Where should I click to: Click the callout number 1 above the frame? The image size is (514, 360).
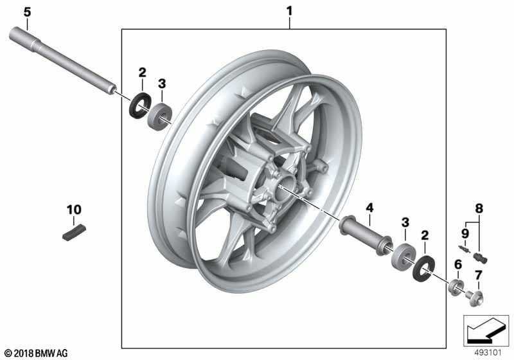289,11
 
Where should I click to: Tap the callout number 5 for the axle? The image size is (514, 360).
27,12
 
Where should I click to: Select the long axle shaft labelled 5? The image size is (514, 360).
62,61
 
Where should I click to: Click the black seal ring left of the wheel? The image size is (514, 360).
139,105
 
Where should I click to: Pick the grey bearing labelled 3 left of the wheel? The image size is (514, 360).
159,116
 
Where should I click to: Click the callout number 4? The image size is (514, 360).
369,208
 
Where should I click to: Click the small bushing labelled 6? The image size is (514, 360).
456,287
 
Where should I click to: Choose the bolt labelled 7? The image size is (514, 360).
474,298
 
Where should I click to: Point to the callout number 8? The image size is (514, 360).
479,208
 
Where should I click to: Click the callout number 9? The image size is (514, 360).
465,233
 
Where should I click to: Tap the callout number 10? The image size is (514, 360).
74,210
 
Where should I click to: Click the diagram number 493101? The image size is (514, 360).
488,353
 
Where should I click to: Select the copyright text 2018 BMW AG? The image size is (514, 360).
36,353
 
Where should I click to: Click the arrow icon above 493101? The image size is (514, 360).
486,331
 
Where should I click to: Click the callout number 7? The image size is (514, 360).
478,275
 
